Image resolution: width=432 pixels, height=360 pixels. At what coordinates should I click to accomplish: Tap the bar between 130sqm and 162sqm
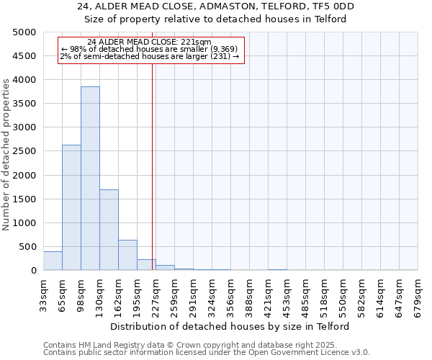(109, 230)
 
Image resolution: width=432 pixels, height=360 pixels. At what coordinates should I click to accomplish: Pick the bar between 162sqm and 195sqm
(127, 255)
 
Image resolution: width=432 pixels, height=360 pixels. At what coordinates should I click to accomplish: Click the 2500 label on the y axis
(24, 151)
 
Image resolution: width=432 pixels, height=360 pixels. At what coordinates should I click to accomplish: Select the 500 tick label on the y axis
(27, 247)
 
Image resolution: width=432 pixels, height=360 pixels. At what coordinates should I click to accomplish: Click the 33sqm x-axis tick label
(43, 294)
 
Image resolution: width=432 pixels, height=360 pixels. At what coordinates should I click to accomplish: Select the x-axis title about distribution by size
(230, 326)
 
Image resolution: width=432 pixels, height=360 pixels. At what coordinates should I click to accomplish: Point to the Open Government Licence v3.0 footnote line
(207, 353)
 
